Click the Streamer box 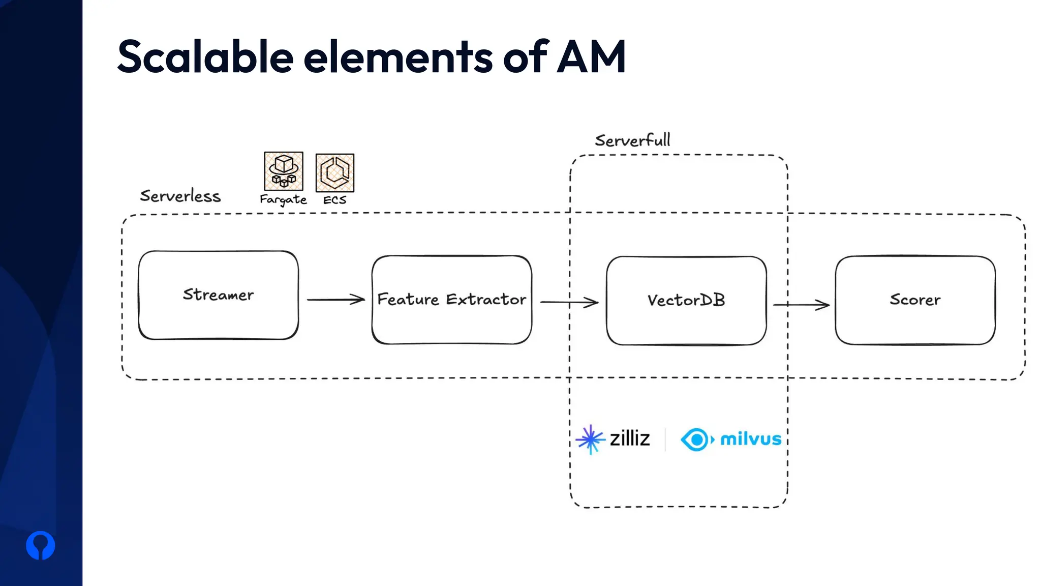(x=218, y=295)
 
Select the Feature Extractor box (x=451, y=300)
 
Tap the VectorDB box (x=686, y=301)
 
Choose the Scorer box (x=915, y=300)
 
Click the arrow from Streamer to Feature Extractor (x=335, y=300)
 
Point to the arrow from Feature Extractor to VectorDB (x=569, y=302)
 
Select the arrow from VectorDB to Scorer (x=801, y=305)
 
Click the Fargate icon (x=284, y=171)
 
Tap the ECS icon (x=334, y=172)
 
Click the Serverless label (x=180, y=196)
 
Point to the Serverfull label (x=632, y=140)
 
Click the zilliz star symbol (x=590, y=439)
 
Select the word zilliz (x=630, y=438)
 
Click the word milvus (x=750, y=439)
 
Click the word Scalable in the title (x=205, y=57)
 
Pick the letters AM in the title (x=591, y=57)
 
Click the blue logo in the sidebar (x=41, y=545)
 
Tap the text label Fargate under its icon (x=283, y=200)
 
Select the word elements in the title (x=398, y=57)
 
